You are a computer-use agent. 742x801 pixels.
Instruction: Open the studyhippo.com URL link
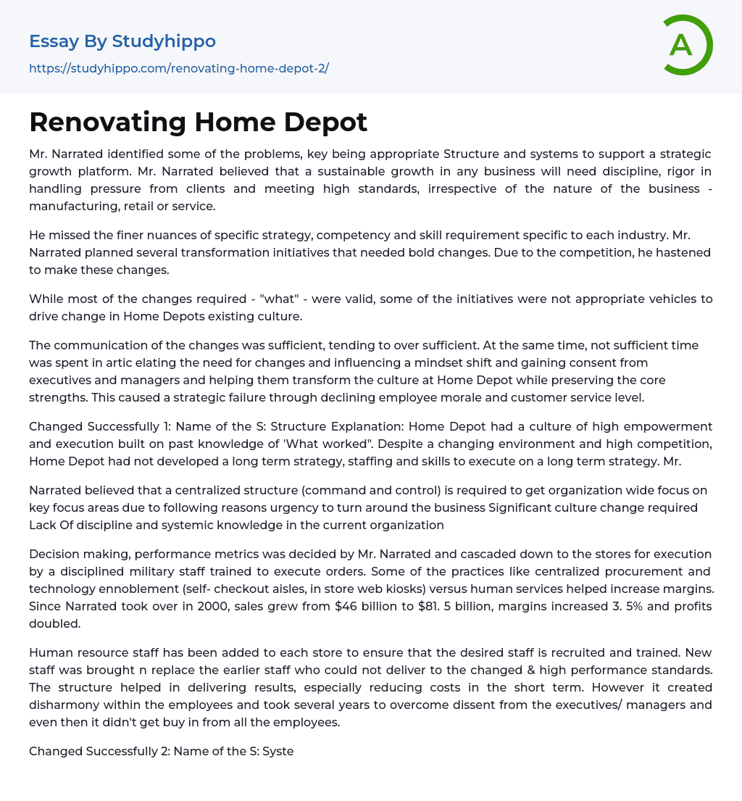[179, 68]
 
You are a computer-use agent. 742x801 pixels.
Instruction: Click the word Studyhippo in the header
[164, 41]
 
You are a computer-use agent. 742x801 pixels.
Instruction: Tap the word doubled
[54, 623]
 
